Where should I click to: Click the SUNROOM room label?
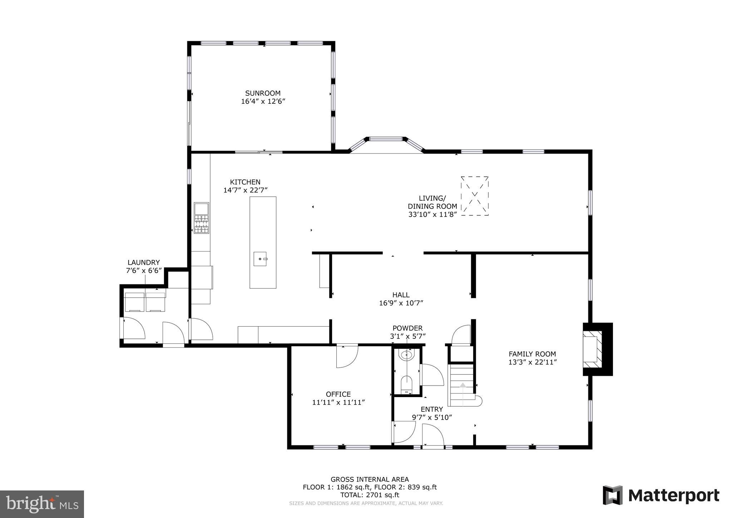click(x=263, y=93)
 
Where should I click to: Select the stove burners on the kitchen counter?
click(x=201, y=224)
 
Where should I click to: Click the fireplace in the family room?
click(x=593, y=349)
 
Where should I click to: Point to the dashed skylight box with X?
click(x=475, y=196)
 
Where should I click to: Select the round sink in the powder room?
click(x=407, y=355)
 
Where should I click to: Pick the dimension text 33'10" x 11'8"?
click(x=433, y=215)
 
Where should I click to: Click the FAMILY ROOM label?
click(x=532, y=354)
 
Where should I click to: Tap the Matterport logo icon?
click(x=613, y=495)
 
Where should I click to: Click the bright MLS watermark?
click(x=42, y=504)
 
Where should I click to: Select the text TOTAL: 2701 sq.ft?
click(x=370, y=495)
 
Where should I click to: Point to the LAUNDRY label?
click(x=144, y=263)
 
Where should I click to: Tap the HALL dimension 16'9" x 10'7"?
click(x=401, y=303)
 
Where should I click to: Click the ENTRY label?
click(x=432, y=409)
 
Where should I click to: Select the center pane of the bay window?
click(x=386, y=139)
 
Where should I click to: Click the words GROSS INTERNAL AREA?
click(x=370, y=479)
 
